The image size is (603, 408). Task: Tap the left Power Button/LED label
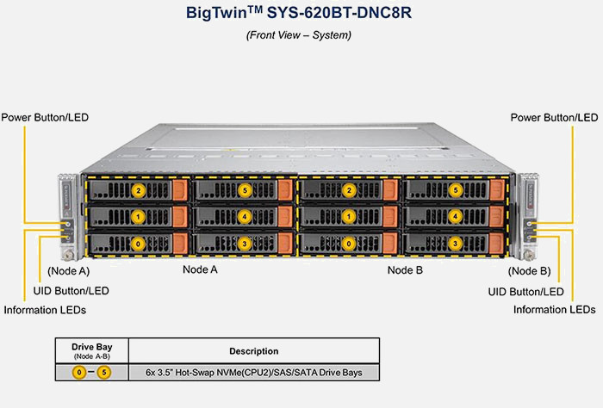[x=46, y=117]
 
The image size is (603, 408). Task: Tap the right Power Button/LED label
[x=554, y=117]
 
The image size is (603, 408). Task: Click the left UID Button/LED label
[x=71, y=291]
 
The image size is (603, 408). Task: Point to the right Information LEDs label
[x=554, y=309]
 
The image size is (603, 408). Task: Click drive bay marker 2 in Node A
[x=139, y=190]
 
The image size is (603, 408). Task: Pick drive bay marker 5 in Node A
[x=245, y=190]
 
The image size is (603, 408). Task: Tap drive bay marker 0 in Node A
[x=139, y=244]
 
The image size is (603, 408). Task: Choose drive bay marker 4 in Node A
[x=245, y=217]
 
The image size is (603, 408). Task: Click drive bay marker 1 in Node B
[x=350, y=217]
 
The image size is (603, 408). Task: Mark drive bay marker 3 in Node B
[x=455, y=244]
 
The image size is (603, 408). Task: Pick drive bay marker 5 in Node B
[x=455, y=190]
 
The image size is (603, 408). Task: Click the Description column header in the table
[x=253, y=351]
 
